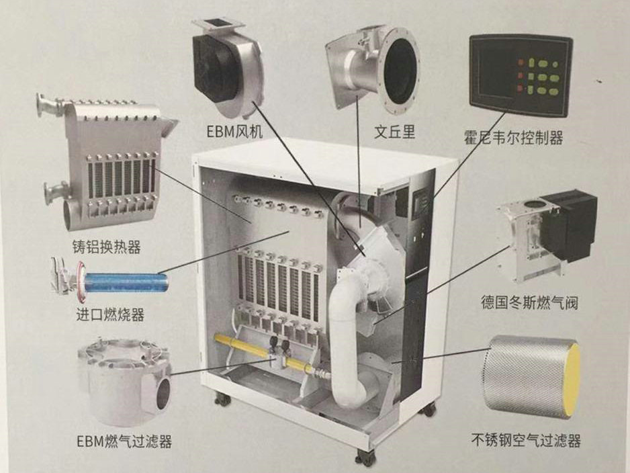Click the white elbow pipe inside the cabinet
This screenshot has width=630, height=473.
tap(346, 336)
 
